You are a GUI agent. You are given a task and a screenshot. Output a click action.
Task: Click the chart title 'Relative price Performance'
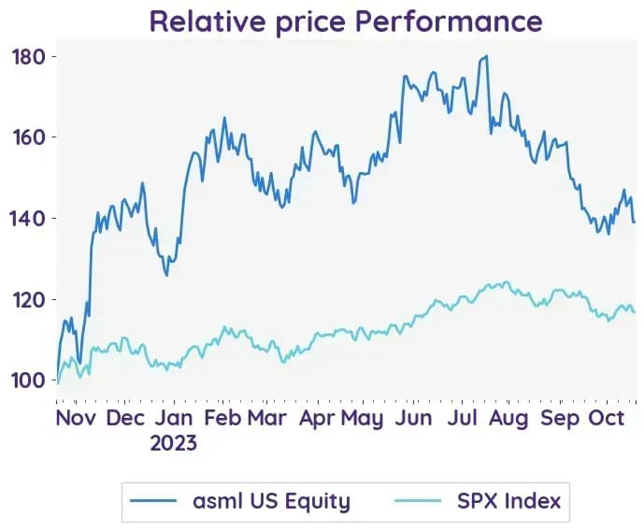346,22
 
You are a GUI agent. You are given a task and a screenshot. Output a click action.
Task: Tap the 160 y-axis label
28,137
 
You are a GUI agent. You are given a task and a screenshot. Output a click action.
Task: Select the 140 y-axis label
27,218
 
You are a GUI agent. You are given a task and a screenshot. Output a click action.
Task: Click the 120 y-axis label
28,299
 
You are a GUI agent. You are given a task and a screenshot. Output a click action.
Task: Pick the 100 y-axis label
28,380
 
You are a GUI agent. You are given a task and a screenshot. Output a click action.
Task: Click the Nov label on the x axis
76,418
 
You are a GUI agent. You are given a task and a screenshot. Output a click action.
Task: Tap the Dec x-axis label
125,418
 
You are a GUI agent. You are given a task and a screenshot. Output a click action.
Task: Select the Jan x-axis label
174,418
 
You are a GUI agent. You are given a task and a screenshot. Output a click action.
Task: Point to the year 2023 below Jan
173,443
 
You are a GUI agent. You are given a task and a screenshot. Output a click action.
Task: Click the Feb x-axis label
222,418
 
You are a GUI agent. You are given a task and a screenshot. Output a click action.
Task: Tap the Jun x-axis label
413,418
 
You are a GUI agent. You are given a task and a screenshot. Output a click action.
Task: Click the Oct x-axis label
607,418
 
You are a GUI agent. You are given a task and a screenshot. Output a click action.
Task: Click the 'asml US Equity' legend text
271,500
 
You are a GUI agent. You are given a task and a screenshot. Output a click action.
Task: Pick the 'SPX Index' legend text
508,500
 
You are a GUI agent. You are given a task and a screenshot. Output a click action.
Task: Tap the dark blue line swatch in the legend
153,500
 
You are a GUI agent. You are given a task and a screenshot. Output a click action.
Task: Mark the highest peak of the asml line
487,56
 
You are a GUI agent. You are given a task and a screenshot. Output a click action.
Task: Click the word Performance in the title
449,22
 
